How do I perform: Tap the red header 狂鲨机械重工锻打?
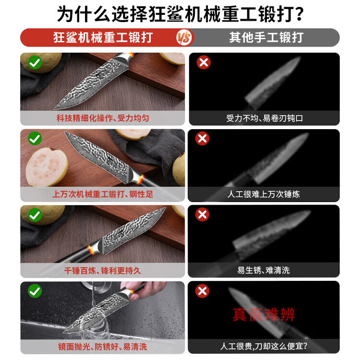tap(103, 37)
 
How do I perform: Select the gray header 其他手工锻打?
tap(266, 37)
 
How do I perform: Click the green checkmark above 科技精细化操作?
tap(35, 62)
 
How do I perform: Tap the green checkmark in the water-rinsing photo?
tap(35, 291)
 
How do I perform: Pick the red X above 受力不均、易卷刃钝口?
tap(204, 62)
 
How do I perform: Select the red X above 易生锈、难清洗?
tap(202, 215)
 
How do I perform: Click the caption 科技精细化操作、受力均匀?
tap(103, 118)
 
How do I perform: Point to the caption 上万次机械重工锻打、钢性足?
tap(103, 194)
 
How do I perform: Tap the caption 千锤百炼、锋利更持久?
tap(102, 270)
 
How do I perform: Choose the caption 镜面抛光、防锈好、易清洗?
tap(102, 347)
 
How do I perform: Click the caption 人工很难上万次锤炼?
tap(264, 194)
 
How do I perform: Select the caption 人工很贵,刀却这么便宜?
tap(264, 346)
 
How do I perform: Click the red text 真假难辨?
tap(264, 314)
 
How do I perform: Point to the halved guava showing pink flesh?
tap(47, 167)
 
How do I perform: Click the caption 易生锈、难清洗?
tap(264, 270)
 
